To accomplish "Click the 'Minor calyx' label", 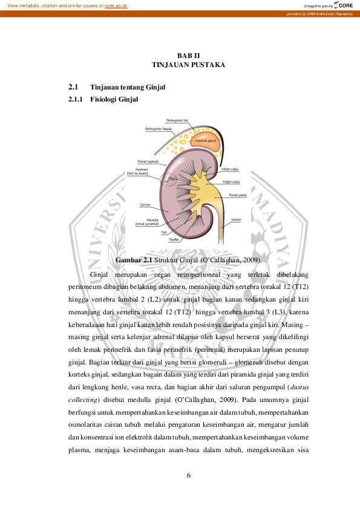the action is (x=229, y=169).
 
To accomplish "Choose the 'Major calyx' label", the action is (x=231, y=181).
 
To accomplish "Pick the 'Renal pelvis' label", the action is (x=236, y=195).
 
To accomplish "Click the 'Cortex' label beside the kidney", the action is (x=145, y=204).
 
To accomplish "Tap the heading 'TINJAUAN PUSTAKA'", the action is (x=188, y=64).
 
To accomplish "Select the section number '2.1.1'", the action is (x=76, y=99).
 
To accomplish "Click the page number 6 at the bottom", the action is (x=189, y=475).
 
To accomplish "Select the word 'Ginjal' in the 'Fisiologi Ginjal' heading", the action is (x=129, y=99).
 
